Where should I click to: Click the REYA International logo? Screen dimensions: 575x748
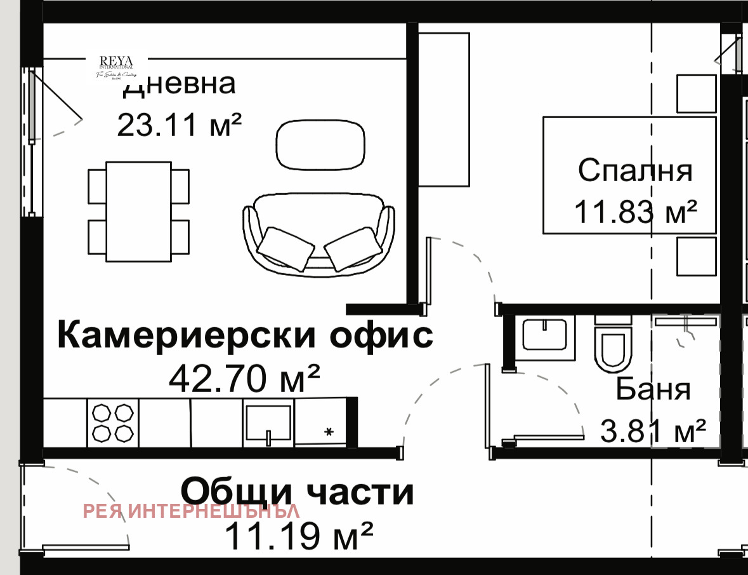[115, 66]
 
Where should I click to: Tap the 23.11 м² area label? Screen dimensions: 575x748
[180, 125]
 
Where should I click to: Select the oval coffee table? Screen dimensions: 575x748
[321, 145]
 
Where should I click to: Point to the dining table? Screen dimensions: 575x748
[139, 212]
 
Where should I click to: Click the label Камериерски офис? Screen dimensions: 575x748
[246, 335]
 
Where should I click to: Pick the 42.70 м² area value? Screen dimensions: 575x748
[244, 379]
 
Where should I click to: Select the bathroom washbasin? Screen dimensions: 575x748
[544, 334]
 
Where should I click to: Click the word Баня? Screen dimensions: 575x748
[653, 389]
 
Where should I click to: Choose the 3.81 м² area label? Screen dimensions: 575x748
[653, 432]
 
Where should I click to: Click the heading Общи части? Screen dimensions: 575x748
[298, 492]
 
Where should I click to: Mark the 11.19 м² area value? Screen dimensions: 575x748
[299, 536]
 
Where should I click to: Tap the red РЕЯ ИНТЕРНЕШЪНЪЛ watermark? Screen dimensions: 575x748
[192, 510]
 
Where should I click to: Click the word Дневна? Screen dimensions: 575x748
[180, 84]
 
